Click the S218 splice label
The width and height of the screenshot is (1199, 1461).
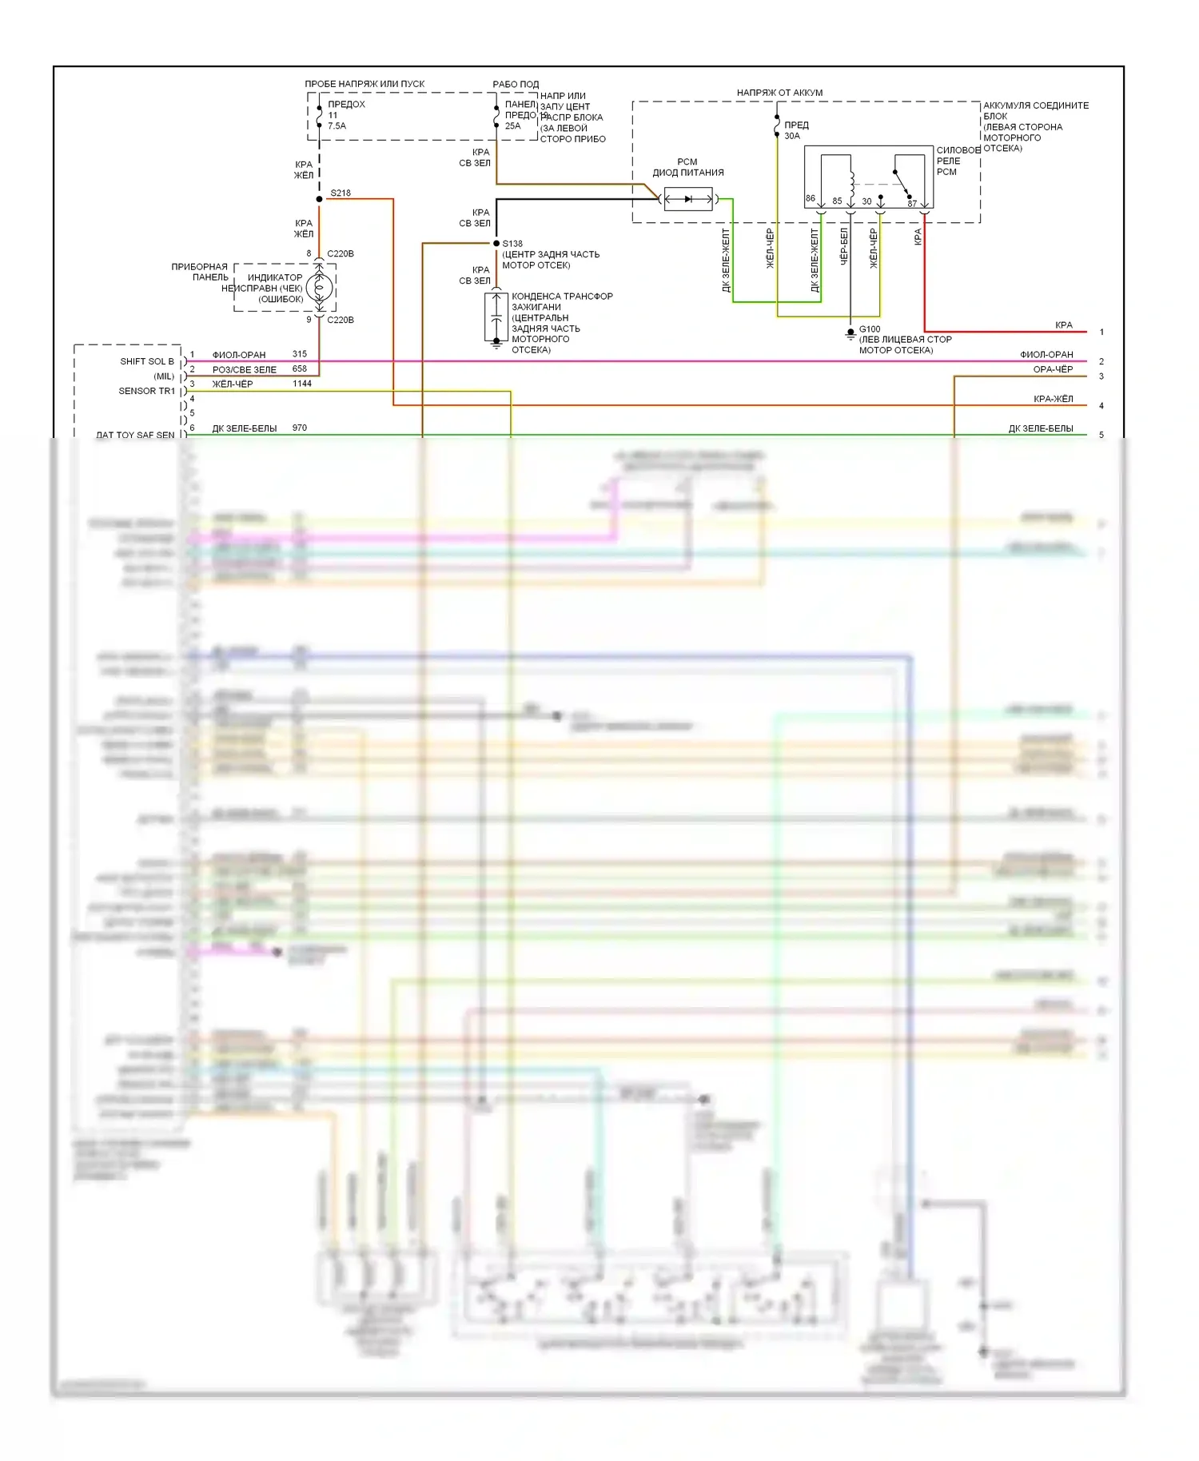point(341,193)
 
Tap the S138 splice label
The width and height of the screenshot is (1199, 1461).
point(512,244)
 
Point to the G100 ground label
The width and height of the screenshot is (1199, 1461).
point(870,329)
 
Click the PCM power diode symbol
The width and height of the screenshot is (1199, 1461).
point(688,199)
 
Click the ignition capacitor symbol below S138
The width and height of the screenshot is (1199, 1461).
point(496,317)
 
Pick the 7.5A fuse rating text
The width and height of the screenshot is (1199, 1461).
point(337,126)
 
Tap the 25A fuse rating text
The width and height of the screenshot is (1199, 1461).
point(512,126)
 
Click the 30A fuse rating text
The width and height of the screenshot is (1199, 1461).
point(792,136)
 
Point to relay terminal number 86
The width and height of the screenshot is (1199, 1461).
point(811,198)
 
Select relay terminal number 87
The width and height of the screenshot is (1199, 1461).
point(912,204)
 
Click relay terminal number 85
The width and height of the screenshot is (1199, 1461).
point(837,201)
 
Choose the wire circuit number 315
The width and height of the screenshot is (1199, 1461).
point(300,354)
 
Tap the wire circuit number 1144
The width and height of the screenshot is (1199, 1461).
point(302,384)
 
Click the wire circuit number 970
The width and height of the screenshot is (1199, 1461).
point(300,428)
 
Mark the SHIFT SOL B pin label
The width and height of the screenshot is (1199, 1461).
point(147,361)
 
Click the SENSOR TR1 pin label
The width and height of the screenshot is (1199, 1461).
point(146,391)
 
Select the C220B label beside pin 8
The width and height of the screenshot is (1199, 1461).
point(341,254)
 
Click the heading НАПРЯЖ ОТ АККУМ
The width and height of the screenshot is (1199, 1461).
point(779,93)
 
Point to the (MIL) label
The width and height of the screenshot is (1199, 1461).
point(164,376)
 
